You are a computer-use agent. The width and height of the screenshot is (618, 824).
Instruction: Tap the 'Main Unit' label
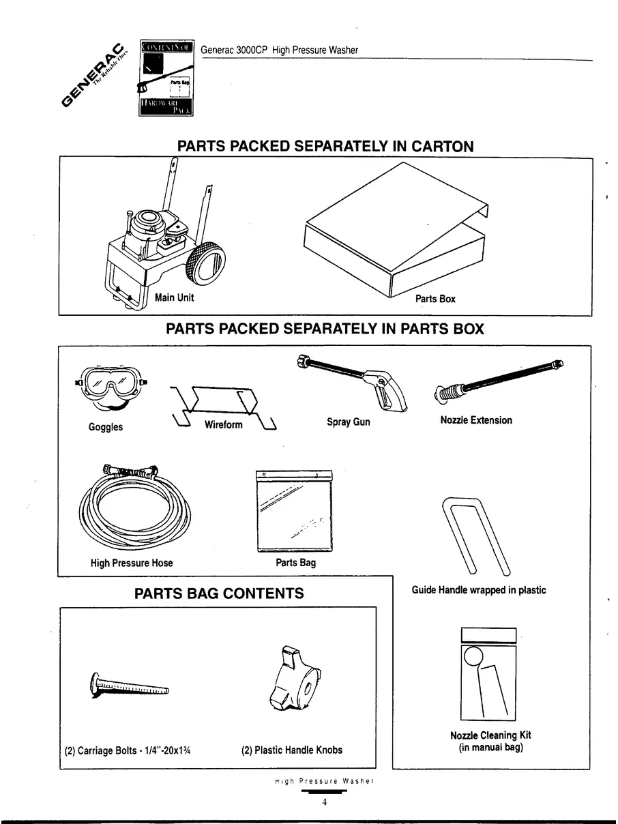pos(174,297)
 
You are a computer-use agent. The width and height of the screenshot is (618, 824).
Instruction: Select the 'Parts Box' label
pos(435,299)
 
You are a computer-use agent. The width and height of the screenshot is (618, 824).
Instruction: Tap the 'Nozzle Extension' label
pos(476,420)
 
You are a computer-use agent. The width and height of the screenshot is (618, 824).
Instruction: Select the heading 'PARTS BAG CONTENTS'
pos(219,593)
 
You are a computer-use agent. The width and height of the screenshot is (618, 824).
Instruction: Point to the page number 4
pos(325,803)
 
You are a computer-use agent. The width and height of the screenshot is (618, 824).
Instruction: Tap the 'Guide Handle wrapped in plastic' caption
pos(479,590)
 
